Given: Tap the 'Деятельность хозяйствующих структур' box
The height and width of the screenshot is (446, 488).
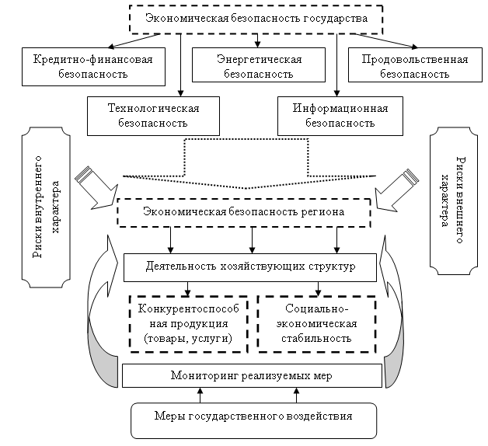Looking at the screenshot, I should (x=250, y=267).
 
